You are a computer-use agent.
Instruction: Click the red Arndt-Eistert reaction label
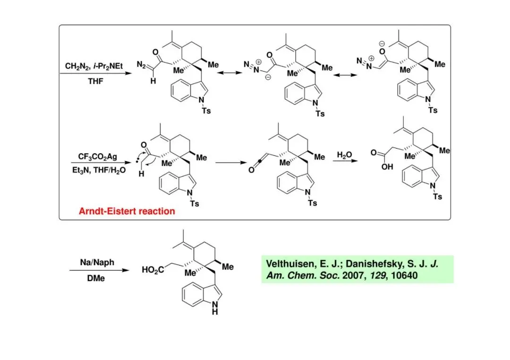[x=127, y=211]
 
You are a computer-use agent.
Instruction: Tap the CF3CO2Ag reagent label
[x=97, y=156]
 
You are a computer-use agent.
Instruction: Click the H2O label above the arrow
[x=344, y=155]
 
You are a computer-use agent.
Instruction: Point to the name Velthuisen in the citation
[x=291, y=264]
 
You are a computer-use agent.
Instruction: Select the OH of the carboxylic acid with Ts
[x=387, y=167]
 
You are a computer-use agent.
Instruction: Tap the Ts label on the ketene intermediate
[x=312, y=203]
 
